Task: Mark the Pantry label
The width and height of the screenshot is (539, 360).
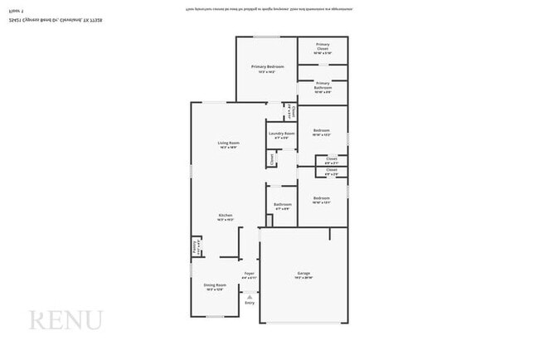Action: pyautogui.click(x=196, y=246)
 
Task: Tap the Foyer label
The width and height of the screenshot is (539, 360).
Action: pyautogui.click(x=249, y=275)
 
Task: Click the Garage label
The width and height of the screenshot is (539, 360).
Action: pyautogui.click(x=303, y=275)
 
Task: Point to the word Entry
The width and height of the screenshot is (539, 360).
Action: pyautogui.click(x=250, y=304)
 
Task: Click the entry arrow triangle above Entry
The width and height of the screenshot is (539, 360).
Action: pyautogui.click(x=250, y=295)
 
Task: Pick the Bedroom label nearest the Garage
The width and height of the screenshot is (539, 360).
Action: pyautogui.click(x=322, y=198)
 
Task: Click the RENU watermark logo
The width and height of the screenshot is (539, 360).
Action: pyautogui.click(x=66, y=320)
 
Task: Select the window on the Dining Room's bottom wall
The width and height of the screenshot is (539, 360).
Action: pyautogui.click(x=215, y=317)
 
